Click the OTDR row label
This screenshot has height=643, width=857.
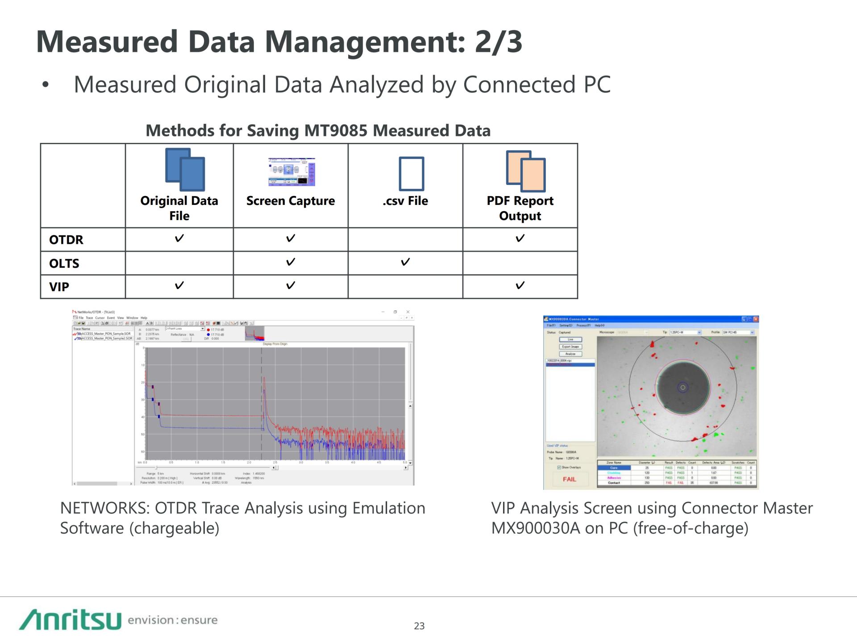(66, 240)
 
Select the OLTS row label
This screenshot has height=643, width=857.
(64, 263)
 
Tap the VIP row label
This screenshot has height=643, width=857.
(59, 287)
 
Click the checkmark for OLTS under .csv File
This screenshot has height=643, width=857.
(405, 262)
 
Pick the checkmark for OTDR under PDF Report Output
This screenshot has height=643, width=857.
(520, 238)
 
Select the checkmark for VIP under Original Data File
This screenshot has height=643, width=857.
(179, 285)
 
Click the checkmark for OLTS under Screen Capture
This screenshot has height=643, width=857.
(291, 262)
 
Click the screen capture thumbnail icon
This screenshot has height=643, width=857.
(291, 172)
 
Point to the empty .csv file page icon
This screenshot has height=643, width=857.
(411, 174)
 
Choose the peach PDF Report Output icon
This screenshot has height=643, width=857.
(526, 171)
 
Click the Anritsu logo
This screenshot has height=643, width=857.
(70, 619)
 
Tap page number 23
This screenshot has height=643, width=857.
(419, 626)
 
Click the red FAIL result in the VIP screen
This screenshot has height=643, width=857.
(569, 479)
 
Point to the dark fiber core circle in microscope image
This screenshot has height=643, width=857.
(682, 387)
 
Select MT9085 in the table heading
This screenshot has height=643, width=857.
(336, 131)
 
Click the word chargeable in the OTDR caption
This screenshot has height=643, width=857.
(175, 528)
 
